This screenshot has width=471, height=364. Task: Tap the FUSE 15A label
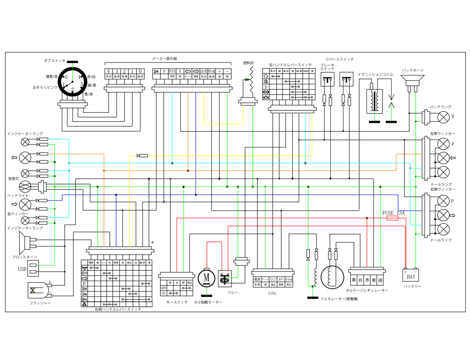pyautogui.click(x=393, y=213)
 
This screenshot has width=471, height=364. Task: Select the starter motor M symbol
pyautogui.click(x=206, y=276)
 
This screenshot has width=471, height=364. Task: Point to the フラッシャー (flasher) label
pyautogui.click(x=40, y=303)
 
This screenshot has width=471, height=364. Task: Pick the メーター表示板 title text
pyautogui.click(x=165, y=59)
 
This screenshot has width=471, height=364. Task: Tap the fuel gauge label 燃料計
pyautogui.click(x=249, y=63)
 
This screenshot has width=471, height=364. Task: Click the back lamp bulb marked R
pyautogui.click(x=443, y=117)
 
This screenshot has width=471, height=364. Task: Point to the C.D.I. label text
pyautogui.click(x=272, y=293)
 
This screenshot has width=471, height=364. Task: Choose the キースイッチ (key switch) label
pyautogui.click(x=177, y=302)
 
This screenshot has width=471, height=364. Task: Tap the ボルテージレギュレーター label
pyautogui.click(x=367, y=290)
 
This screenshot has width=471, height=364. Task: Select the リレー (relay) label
pyautogui.click(x=233, y=293)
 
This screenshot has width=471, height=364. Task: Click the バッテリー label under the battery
pyautogui.click(x=412, y=286)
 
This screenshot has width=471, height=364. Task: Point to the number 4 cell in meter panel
pyautogui.click(x=108, y=71)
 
